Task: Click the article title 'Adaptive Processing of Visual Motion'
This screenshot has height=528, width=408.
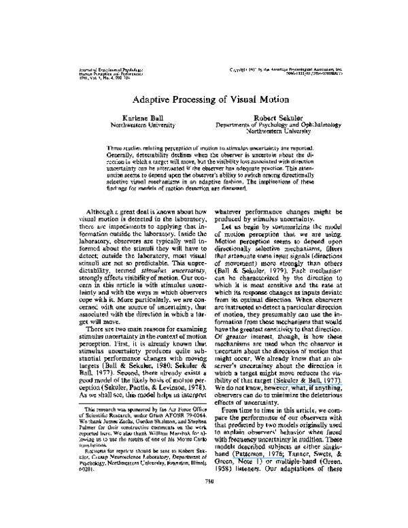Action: click(204, 98)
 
